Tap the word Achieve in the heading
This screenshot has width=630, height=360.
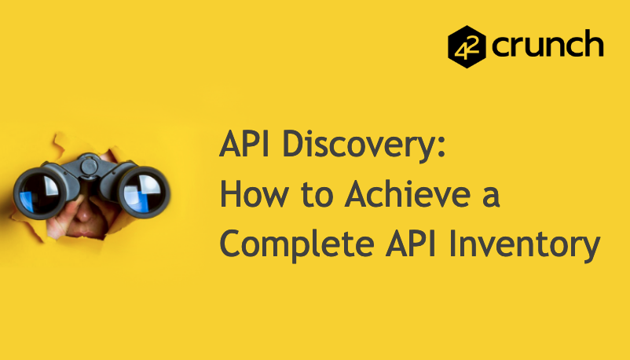[x=397, y=195]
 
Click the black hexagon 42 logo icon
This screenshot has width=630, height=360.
[x=467, y=46]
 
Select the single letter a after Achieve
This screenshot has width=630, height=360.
[x=490, y=197]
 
